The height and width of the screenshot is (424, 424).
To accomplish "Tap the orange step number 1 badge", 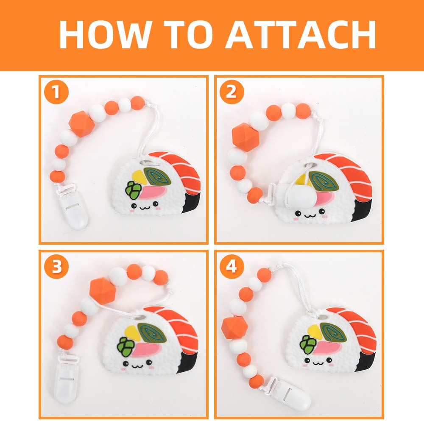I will click(x=56, y=93).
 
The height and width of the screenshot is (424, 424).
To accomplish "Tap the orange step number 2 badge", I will click(x=231, y=92).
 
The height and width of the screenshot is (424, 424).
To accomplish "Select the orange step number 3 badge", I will click(x=56, y=267).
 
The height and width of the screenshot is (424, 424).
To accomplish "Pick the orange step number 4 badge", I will click(x=231, y=267).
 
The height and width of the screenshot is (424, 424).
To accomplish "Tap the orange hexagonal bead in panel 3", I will click(x=102, y=290).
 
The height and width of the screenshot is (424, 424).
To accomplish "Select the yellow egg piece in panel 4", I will click(x=314, y=329).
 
